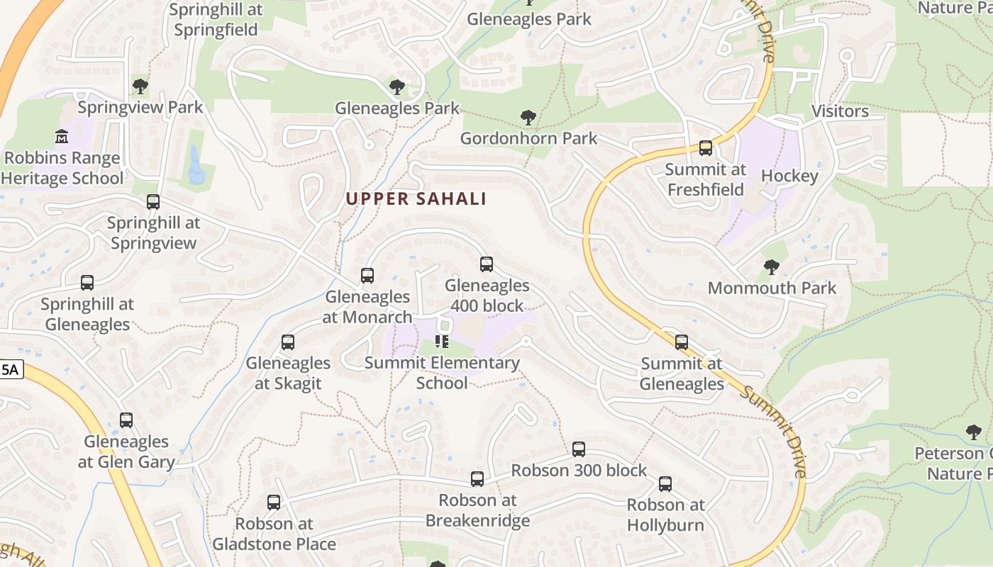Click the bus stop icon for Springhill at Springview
153,202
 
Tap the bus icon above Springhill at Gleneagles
87,283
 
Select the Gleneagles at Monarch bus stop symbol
367,276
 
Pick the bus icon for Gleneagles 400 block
487,264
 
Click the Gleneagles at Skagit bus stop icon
288,342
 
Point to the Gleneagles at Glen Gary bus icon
126,420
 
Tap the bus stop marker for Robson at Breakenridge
477,479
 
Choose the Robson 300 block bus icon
579,449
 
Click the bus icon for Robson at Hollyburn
665,484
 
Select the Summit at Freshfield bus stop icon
706,148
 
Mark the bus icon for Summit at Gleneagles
682,342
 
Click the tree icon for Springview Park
140,86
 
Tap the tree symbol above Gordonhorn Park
528,117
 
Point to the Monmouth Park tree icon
772,267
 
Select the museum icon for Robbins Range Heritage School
62,136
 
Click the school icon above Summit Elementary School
442,342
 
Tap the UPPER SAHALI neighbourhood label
416,199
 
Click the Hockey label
789,176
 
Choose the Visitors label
840,111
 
